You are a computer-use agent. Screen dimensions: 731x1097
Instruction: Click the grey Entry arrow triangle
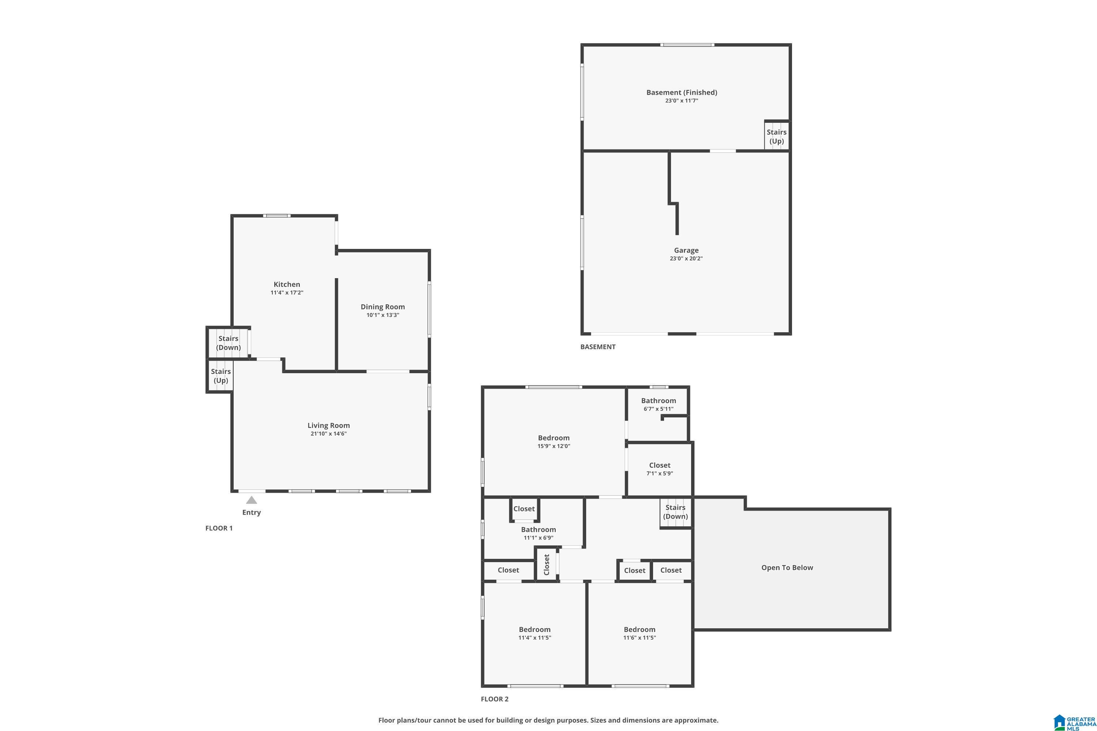pos(252,500)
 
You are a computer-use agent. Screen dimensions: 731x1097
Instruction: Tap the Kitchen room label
pos(287,284)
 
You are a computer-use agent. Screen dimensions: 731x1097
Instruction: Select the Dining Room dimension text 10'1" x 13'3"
pos(382,315)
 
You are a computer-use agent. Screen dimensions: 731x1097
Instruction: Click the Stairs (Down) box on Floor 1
pos(229,343)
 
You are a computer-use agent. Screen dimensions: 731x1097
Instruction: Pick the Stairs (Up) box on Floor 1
pos(220,376)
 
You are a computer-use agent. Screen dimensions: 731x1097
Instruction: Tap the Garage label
pos(686,250)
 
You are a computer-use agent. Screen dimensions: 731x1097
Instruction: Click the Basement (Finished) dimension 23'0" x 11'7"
pos(682,101)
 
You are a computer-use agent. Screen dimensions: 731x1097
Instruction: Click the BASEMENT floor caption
pos(598,347)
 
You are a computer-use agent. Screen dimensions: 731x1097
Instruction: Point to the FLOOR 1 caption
pos(219,528)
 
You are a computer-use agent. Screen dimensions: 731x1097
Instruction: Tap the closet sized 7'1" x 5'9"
pos(660,469)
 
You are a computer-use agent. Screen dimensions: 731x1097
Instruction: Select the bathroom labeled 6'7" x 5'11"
pos(658,404)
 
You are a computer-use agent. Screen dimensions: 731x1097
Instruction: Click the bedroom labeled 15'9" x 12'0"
pos(554,442)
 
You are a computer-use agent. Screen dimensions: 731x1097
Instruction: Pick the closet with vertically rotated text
pos(547,565)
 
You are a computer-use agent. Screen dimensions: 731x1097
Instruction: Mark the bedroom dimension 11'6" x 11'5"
pos(640,638)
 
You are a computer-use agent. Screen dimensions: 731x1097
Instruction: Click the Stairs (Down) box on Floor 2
pos(675,512)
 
